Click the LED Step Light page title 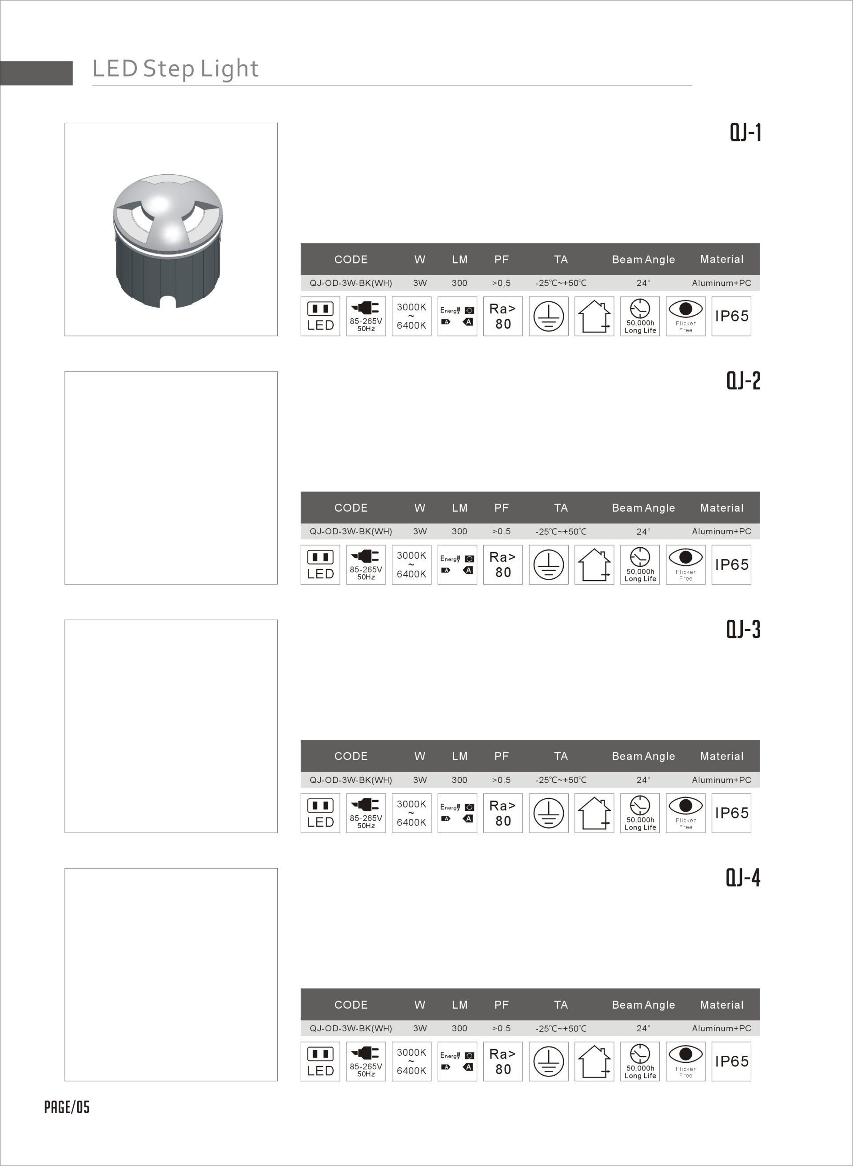pyautogui.click(x=175, y=69)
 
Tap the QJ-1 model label pyautogui.click(x=745, y=133)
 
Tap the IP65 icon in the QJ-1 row pyautogui.click(x=731, y=316)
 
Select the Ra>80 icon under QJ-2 pyautogui.click(x=502, y=565)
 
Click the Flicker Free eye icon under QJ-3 pyautogui.click(x=685, y=813)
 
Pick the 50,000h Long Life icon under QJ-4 pyautogui.click(x=640, y=1062)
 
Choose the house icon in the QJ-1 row pyautogui.click(x=594, y=316)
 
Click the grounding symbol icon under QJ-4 pyautogui.click(x=548, y=1062)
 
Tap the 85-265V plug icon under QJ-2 pyautogui.click(x=366, y=565)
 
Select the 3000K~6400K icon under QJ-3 pyautogui.click(x=411, y=813)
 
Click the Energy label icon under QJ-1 pyautogui.click(x=457, y=316)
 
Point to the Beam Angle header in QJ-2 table pyautogui.click(x=643, y=508)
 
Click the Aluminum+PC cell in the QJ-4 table pyautogui.click(x=721, y=1029)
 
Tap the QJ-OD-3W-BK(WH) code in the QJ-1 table pyautogui.click(x=351, y=283)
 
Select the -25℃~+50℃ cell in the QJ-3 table pyautogui.click(x=561, y=780)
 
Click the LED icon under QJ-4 pyautogui.click(x=320, y=1062)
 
